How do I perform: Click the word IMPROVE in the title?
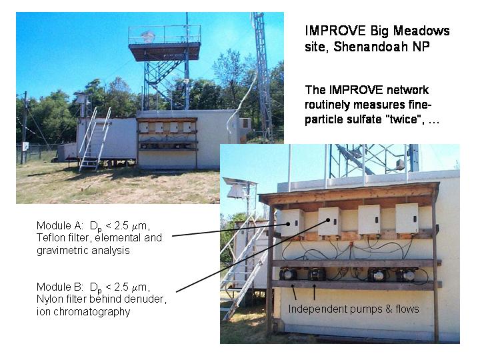point(335,31)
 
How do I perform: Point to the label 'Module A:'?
point(60,225)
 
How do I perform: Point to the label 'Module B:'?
point(60,287)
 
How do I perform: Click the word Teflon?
point(50,237)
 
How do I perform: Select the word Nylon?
point(49,299)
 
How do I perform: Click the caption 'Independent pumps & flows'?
point(353,309)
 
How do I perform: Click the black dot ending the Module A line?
point(288,224)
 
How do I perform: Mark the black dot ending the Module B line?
point(328,220)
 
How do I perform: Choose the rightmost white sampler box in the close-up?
point(407,218)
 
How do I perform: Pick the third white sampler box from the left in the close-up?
point(369,219)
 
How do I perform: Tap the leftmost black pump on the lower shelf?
point(288,274)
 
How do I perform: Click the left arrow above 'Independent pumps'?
point(294,292)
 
